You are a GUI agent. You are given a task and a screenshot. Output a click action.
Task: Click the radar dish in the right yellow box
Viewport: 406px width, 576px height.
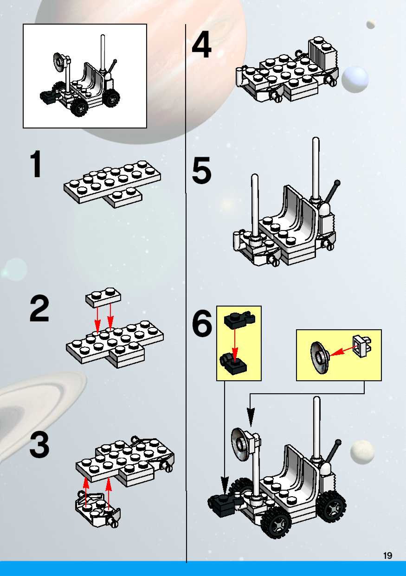click(319, 358)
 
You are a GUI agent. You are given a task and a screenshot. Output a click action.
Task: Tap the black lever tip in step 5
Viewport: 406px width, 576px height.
click(338, 182)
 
